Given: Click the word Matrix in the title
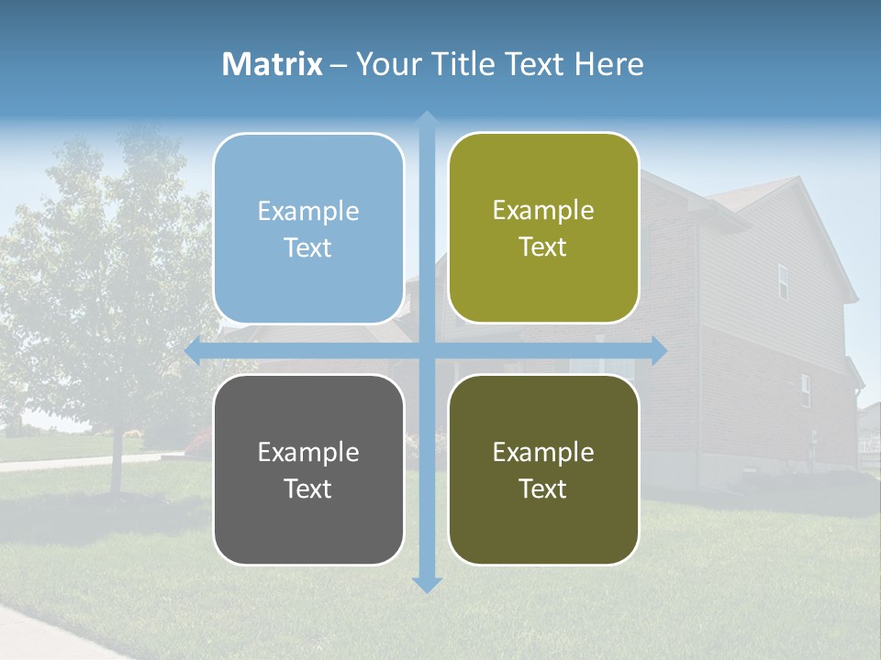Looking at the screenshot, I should [272, 64].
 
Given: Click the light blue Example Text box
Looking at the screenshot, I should [308, 228].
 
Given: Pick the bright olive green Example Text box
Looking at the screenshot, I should [543, 227].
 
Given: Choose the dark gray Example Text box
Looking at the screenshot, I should [308, 469].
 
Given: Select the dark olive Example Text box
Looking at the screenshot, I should [543, 469].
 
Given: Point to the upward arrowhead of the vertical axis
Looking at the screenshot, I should [427, 117].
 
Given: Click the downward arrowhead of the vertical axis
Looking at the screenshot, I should [427, 585].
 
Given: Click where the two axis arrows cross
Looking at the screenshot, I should [427, 350].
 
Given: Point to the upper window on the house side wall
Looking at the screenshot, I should [783, 281].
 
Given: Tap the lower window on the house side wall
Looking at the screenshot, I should [805, 390].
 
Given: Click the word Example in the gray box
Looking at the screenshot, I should [308, 452].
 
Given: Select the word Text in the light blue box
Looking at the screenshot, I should [308, 247].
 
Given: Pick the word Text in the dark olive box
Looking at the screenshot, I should [543, 489].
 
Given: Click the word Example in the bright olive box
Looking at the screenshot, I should [543, 210].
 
